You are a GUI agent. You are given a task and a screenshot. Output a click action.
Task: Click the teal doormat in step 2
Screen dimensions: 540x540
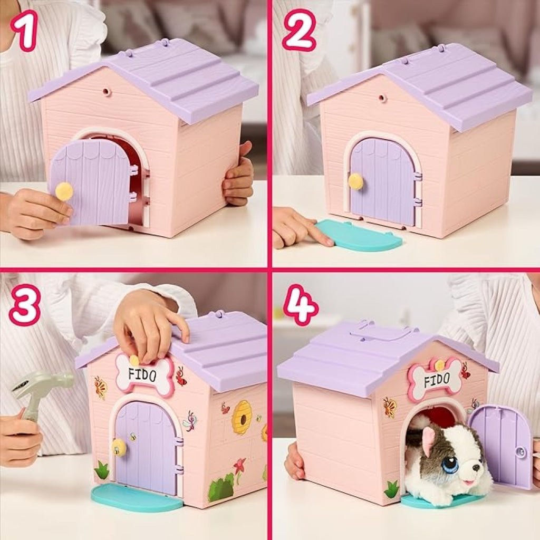tap(359, 235)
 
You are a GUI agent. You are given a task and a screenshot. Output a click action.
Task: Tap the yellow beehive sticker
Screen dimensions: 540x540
tap(243, 417)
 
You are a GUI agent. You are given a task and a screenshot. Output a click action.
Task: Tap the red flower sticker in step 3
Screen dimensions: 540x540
tap(240, 466)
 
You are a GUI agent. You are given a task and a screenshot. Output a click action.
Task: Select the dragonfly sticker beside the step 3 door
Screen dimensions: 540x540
tap(190, 420)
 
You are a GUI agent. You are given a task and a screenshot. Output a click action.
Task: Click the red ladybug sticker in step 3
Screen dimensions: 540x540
tap(181, 375)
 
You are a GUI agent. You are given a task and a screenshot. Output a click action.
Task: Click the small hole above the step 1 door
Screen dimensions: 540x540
tap(107, 92)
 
